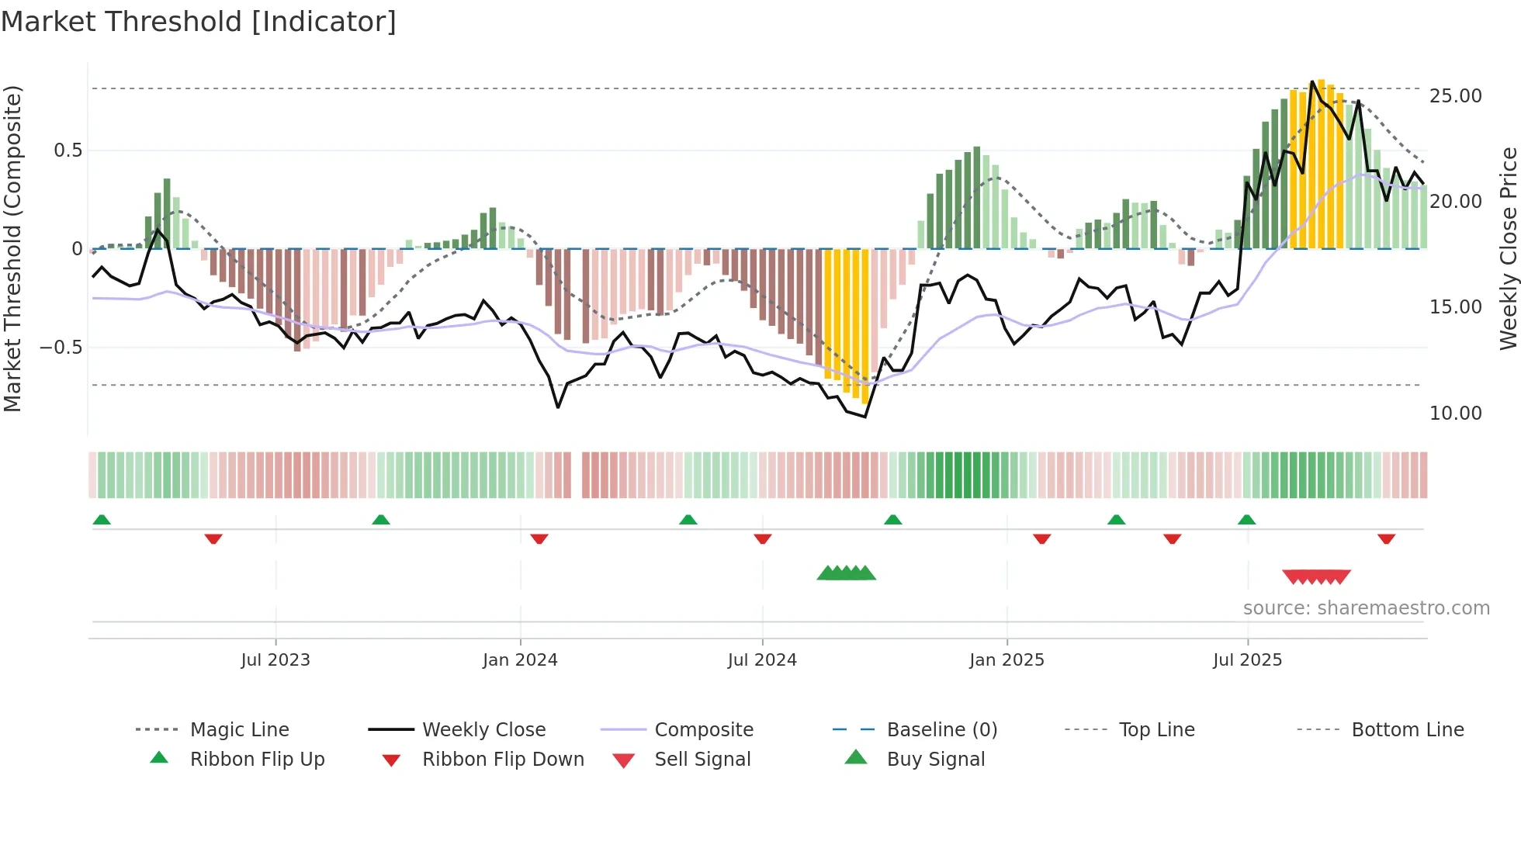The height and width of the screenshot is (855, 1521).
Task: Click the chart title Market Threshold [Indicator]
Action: [x=199, y=22]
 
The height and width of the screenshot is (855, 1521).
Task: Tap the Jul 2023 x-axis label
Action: [x=275, y=660]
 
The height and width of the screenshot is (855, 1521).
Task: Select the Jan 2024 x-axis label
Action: [x=520, y=660]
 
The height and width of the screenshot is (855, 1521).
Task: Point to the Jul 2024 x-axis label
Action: [x=762, y=660]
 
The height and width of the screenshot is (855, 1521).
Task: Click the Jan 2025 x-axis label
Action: [x=1006, y=660]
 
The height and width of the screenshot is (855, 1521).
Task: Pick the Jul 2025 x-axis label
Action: [x=1247, y=660]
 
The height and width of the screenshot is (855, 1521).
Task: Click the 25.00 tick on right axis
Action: [x=1455, y=96]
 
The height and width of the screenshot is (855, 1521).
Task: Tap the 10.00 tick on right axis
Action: [x=1455, y=414]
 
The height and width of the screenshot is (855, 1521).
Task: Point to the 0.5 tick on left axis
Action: [x=68, y=151]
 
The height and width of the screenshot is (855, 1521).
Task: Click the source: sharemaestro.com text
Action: [x=1366, y=608]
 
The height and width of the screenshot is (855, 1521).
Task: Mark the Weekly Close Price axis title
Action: [x=1508, y=248]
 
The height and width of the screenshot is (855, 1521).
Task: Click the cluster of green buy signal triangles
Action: [x=846, y=573]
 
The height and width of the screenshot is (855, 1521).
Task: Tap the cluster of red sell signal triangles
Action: [x=1316, y=576]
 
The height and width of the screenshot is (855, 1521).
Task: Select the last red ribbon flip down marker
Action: [x=1386, y=538]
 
